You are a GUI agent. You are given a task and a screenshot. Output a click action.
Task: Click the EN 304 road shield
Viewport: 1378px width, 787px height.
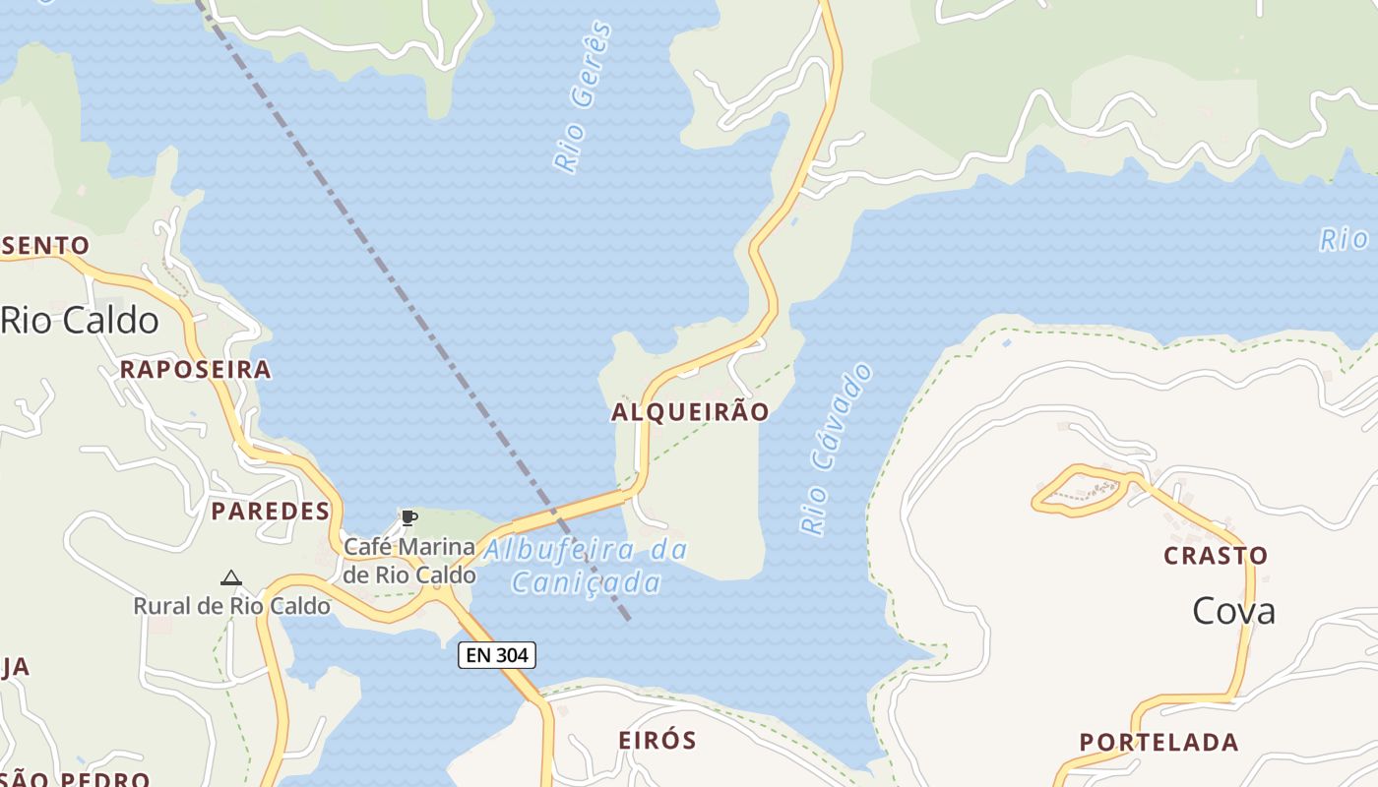tap(496, 655)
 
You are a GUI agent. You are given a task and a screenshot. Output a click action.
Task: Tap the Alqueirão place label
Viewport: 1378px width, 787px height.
tap(689, 412)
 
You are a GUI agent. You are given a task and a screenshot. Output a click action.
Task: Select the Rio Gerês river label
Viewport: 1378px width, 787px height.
tap(583, 98)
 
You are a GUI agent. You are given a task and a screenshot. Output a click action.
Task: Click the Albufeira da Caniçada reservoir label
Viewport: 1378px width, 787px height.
tap(587, 566)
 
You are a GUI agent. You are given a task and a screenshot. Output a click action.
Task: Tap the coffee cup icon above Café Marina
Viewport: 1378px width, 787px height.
tap(408, 517)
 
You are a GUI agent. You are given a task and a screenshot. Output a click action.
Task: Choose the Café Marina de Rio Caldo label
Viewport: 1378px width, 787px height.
tap(408, 560)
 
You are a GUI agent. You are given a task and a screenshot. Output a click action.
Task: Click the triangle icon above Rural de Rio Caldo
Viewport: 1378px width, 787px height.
tap(231, 578)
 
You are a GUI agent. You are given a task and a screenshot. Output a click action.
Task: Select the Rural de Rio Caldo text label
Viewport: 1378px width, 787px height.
tap(231, 606)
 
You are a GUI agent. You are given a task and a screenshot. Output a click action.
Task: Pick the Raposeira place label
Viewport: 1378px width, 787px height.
tap(195, 370)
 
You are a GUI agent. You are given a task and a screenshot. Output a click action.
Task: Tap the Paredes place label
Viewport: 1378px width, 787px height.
tap(270, 512)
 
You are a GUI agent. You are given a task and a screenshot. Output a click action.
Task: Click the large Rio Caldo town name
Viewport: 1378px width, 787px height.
tap(80, 321)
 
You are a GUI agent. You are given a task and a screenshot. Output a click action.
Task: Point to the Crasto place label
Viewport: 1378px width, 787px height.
tap(1216, 556)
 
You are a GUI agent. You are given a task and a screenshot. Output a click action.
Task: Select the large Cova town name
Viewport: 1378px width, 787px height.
tap(1233, 612)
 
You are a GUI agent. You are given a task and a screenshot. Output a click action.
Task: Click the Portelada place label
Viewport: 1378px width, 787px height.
tap(1159, 743)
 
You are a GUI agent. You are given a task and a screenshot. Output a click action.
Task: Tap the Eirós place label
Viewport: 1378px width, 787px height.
tap(657, 741)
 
